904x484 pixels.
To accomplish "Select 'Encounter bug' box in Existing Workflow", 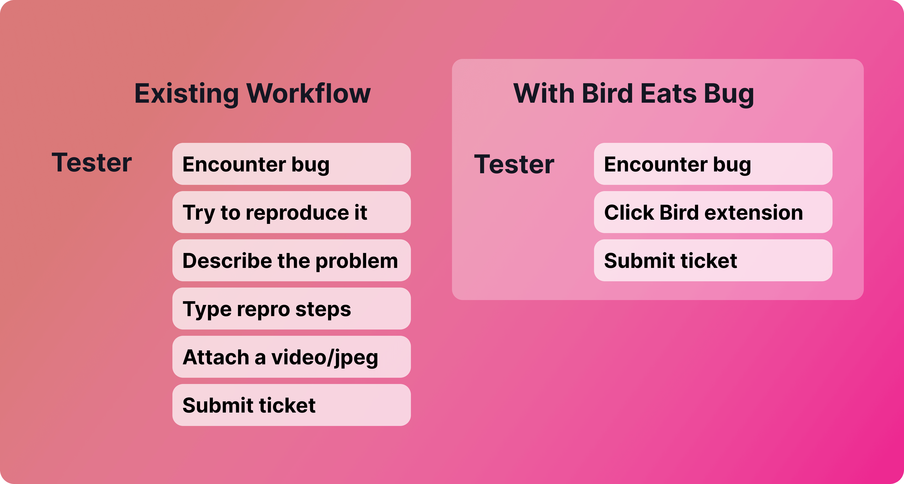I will pyautogui.click(x=291, y=164).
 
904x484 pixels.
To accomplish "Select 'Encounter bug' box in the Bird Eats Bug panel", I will pyautogui.click(x=713, y=164).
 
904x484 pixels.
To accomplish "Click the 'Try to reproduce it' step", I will pyautogui.click(x=291, y=212).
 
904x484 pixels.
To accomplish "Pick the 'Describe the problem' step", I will pyautogui.click(x=291, y=260).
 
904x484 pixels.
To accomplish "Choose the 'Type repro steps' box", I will pyautogui.click(x=291, y=309).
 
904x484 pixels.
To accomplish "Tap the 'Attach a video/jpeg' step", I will pyautogui.click(x=291, y=357).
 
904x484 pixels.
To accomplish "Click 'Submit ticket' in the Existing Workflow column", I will pyautogui.click(x=291, y=405).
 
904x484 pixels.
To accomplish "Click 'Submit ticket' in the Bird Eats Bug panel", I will pyautogui.click(x=713, y=260).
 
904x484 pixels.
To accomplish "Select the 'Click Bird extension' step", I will pyautogui.click(x=713, y=212).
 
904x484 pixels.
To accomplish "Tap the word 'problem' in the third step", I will pyautogui.click(x=357, y=261).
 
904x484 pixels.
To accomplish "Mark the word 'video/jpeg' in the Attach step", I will pyautogui.click(x=325, y=358).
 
